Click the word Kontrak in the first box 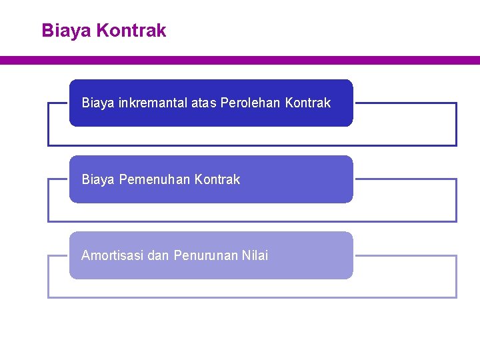pos(307,103)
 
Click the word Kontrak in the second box pos(217,179)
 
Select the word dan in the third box pos(158,255)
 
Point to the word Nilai pos(254,255)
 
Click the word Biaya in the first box pos(98,103)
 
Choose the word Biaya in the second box pos(98,179)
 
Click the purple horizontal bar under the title pos(240,60)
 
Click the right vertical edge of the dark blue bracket pos(457,124)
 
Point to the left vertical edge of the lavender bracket pos(48,276)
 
